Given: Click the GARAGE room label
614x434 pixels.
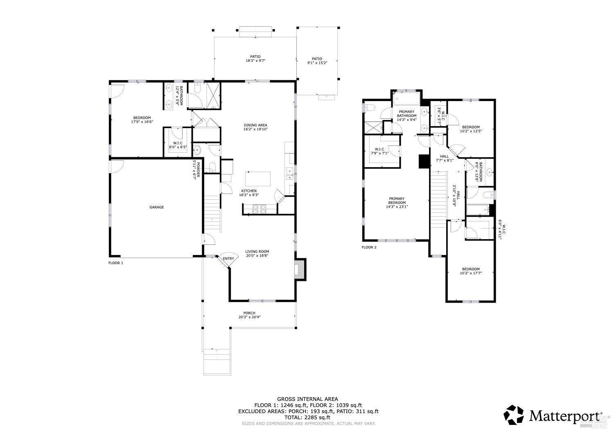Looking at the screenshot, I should pos(156,207).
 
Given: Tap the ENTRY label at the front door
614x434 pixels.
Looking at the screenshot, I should pos(228,258).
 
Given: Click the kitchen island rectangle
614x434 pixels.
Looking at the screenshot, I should pos(258,179).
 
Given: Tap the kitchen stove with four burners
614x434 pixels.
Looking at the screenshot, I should pos(259,209).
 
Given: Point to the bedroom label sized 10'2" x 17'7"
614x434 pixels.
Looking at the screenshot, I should pos(470,271).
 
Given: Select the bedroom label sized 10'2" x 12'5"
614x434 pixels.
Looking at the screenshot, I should pos(471,129).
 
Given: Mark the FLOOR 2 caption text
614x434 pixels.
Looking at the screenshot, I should pos(369,247).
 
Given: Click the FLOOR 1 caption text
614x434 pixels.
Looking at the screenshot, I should pos(115,263).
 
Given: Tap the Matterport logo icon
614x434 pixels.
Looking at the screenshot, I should pos(514,415).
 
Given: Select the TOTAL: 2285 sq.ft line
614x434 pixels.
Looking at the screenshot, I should pos(308,417).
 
